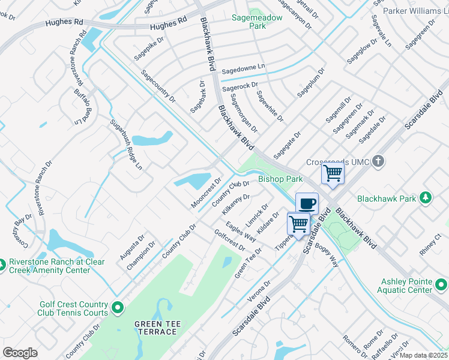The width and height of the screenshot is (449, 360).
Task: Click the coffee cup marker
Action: point(307,203)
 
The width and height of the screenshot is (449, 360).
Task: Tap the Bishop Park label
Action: point(280,179)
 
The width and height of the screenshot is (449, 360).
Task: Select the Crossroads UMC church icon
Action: point(378,161)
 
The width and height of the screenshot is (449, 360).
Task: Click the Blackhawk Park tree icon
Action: point(426,197)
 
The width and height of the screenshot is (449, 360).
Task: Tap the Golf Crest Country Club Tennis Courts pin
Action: point(118,308)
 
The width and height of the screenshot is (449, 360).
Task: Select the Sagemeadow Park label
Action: point(257,18)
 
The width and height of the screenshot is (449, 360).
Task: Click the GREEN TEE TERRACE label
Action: point(157,328)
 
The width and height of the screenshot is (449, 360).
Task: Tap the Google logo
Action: point(20,353)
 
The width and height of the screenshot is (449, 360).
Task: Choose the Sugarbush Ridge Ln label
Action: point(125,143)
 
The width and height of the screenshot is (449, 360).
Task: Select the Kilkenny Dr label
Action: point(235,205)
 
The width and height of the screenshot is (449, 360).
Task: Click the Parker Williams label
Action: point(415,11)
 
